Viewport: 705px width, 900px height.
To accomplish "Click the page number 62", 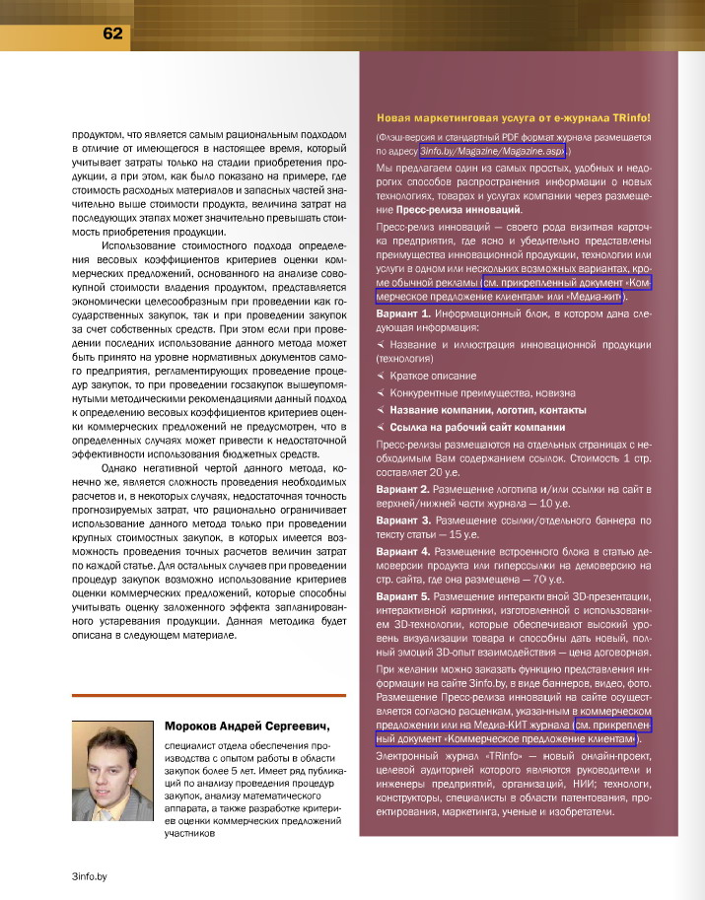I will point(111,33).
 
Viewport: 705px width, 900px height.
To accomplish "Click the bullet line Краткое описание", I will point(433,376).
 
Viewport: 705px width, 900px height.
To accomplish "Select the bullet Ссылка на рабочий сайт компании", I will point(477,427).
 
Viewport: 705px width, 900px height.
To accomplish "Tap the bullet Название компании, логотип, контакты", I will point(488,409).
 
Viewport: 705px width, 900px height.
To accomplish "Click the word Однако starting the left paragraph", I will point(123,467).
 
